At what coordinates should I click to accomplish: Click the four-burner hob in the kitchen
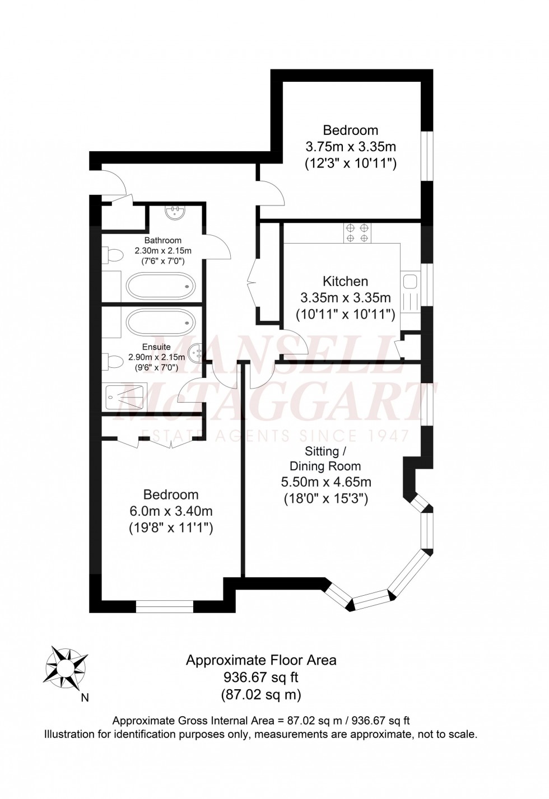[x=357, y=233]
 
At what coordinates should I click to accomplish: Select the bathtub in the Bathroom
[x=160, y=286]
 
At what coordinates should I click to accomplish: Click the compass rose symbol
[x=66, y=667]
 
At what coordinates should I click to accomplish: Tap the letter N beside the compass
[x=85, y=698]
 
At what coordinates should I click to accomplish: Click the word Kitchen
[x=345, y=281]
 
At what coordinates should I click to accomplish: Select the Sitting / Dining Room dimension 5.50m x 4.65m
[x=325, y=482]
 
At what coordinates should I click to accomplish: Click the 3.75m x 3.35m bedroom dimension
[x=351, y=147]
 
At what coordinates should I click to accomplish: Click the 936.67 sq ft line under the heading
[x=261, y=677]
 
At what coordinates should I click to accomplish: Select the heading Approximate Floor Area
[x=261, y=660]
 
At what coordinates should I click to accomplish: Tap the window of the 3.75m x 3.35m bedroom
[x=427, y=156]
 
